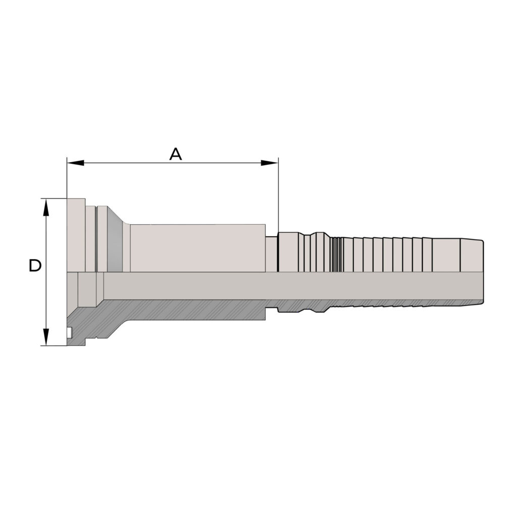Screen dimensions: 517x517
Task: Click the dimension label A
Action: click(175, 154)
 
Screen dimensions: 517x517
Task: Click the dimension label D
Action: click(35, 266)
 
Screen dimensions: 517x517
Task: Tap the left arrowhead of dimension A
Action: click(75, 163)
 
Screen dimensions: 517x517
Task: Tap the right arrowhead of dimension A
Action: click(270, 163)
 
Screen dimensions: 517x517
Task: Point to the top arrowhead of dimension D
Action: click(46, 207)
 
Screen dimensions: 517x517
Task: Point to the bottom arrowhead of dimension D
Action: click(46, 337)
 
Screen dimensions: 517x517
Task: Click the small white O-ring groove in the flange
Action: click(69, 332)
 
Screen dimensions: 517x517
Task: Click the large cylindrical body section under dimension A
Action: click(197, 248)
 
